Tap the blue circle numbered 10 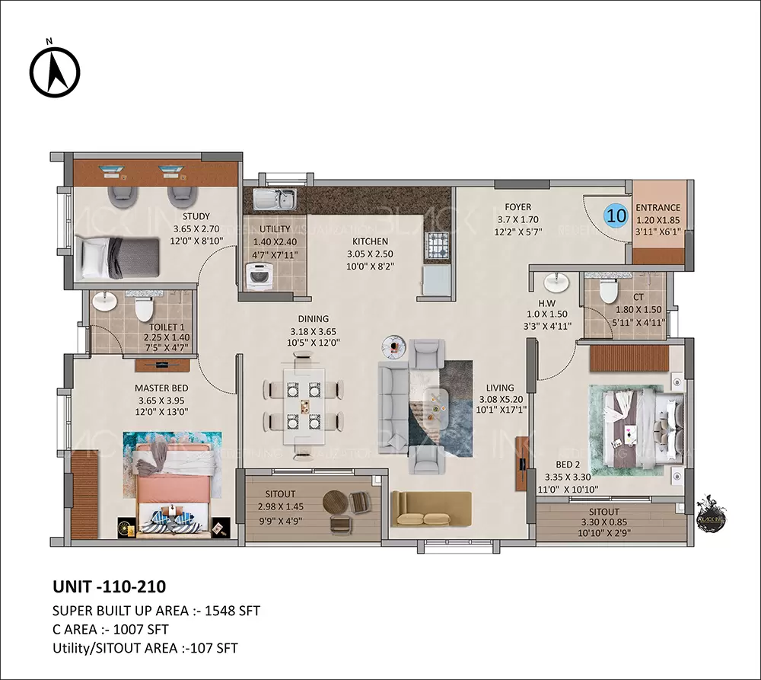tap(616, 215)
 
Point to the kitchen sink tap(275, 200)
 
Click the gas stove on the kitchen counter tap(437, 246)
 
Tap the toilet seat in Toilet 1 tap(142, 308)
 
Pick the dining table tap(304, 407)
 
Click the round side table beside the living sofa tap(393, 346)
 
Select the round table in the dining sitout tap(335, 503)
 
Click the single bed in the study tap(118, 257)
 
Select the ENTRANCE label tap(658, 207)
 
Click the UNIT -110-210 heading tap(109, 586)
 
